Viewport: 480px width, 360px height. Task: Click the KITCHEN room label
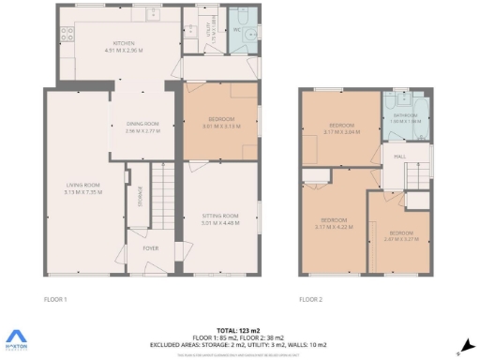[x=125, y=43]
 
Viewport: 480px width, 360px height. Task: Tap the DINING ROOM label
[x=143, y=124]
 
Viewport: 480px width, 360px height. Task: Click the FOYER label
[x=150, y=248]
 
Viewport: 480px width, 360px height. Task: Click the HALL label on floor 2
[x=398, y=157]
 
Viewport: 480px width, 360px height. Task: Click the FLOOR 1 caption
[x=56, y=299]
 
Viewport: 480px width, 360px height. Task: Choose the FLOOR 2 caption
[x=309, y=299]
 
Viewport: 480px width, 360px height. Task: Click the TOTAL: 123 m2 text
[x=239, y=331]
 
